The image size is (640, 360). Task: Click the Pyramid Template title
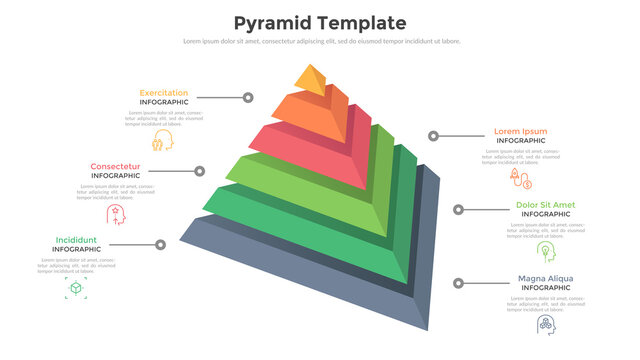[x=319, y=22]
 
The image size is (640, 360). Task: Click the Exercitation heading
[x=163, y=93]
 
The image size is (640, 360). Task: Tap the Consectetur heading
[x=115, y=166]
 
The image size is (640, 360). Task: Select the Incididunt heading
[x=76, y=240]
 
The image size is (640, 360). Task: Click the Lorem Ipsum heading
[x=521, y=131]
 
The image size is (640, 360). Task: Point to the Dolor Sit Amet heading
[x=545, y=205]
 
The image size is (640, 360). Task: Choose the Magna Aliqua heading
[x=545, y=278]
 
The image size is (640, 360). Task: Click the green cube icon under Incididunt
[x=75, y=289]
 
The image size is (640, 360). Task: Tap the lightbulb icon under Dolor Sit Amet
[x=545, y=250]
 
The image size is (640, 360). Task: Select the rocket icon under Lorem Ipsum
[x=520, y=178]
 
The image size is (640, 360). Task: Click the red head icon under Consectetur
[x=115, y=214]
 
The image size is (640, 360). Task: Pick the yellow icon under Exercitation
[x=163, y=140]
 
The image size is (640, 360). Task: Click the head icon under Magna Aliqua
[x=546, y=324]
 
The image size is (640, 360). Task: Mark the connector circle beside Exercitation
[x=247, y=98]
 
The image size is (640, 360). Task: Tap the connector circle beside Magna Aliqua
[x=459, y=284]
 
